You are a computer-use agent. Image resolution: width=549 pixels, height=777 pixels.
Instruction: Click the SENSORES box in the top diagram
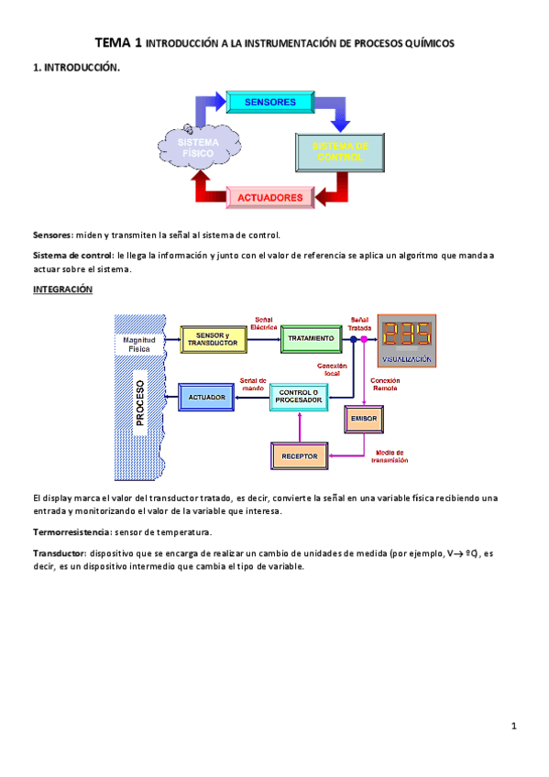tap(270, 102)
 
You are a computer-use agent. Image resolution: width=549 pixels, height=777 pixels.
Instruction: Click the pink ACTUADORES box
tap(270, 197)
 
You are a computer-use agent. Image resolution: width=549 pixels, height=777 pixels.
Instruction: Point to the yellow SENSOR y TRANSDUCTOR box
tap(212, 339)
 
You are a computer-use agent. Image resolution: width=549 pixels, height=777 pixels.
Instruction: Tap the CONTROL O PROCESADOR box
tap(298, 397)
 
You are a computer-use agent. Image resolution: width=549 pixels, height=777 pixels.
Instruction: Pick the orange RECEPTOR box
tap(299, 454)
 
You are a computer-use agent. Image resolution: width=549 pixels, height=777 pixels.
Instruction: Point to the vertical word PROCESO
tap(139, 402)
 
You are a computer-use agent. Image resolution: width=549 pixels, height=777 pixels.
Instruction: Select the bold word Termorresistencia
tap(72, 531)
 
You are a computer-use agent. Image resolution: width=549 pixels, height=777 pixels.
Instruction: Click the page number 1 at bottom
tap(514, 727)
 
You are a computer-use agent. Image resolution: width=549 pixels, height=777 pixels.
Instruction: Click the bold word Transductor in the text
tap(60, 553)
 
